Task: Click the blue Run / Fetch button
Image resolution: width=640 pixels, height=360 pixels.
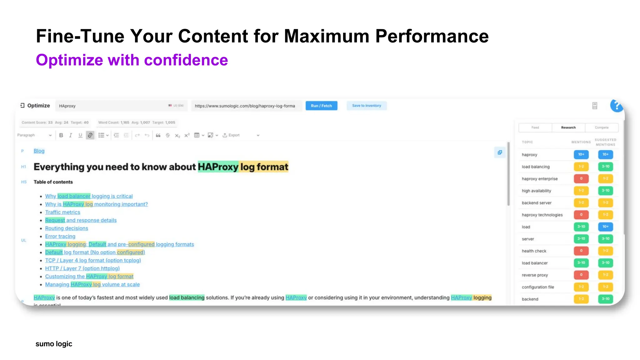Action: pos(321,106)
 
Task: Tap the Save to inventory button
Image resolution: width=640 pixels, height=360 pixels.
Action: pos(367,106)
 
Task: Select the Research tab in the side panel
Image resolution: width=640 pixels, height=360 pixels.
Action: pos(568,127)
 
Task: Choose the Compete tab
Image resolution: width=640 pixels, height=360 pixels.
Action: pos(602,127)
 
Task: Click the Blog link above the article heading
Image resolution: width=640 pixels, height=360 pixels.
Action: pos(39,151)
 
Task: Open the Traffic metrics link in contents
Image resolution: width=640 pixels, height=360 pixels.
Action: pos(62,212)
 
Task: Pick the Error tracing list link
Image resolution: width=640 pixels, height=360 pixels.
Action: pos(60,236)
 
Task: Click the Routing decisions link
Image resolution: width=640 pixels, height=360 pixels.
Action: pos(67,228)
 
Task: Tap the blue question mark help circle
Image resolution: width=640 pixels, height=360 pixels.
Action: pos(617,106)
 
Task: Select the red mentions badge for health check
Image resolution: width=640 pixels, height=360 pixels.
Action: pos(581,251)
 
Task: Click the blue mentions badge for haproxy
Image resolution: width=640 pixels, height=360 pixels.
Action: pos(581,154)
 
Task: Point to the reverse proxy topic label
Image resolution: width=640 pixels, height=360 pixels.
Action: pos(535,275)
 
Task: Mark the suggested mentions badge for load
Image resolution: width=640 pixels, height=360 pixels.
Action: pos(605,227)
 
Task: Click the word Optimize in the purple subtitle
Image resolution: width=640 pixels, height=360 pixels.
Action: pos(69,60)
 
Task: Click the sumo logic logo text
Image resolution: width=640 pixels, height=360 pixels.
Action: pos(54,344)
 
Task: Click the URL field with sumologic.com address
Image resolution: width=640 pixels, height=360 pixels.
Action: pos(245,106)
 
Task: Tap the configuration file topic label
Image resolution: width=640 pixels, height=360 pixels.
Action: pos(537,287)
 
